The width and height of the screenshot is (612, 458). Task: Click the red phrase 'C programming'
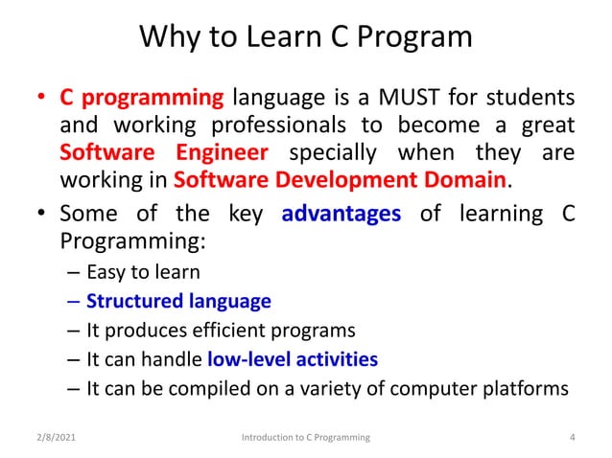tap(141, 98)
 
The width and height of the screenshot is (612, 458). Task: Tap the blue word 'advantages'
tap(341, 214)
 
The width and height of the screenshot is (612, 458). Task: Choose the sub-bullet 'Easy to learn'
tap(143, 272)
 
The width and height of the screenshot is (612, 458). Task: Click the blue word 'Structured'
tap(130, 301)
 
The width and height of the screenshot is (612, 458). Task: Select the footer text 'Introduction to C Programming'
tap(305, 438)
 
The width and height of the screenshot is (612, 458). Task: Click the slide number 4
tap(572, 438)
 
